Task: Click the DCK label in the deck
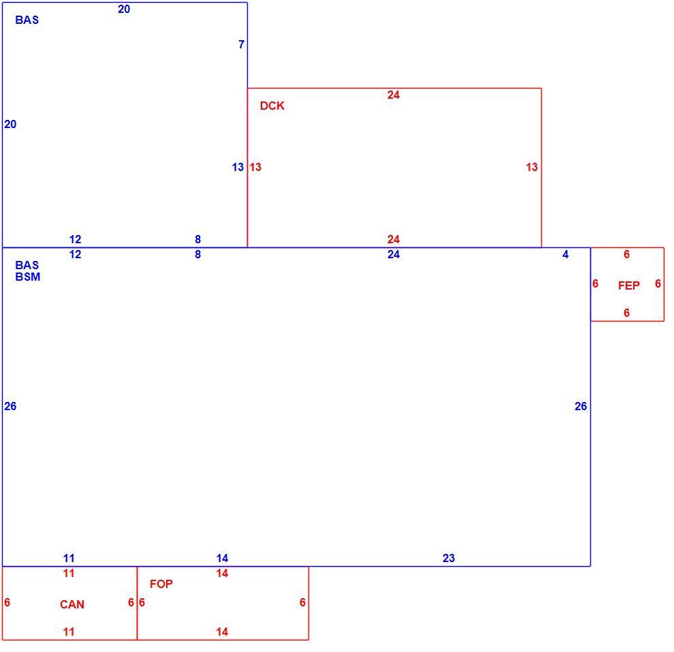coord(272,106)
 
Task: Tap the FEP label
coord(629,285)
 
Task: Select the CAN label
coord(71,605)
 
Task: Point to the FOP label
coord(161,584)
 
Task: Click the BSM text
coord(28,277)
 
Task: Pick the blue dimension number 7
coord(242,44)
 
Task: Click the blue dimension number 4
coord(566,255)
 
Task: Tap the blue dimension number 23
coord(449,558)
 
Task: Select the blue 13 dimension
coord(238,168)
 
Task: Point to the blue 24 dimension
coord(394,255)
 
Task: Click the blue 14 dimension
coord(222,558)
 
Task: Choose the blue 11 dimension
coord(69,558)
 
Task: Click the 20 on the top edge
coord(124,9)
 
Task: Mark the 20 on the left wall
coord(10,124)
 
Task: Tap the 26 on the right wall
coord(581,407)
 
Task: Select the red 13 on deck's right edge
coord(532,168)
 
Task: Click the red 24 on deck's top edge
coord(394,95)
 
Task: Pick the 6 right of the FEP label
coord(658,284)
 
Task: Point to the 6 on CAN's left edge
coord(7,602)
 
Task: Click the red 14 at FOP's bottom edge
coord(222,632)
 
